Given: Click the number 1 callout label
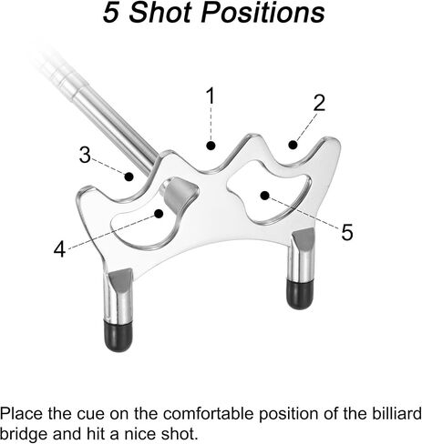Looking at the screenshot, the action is pos(211,96).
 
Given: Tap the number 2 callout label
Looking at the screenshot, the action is pos(319,103).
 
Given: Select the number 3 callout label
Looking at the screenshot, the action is pos(85,155).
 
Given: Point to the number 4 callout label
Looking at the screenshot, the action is pos(59,249).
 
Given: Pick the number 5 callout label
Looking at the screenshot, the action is pos(347,232).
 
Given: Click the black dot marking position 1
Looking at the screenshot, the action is pos(211,146).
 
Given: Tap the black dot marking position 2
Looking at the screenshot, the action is pos(293,145).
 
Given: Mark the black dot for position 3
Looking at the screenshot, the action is pos(129,177).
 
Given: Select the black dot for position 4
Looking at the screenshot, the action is pos(159,214).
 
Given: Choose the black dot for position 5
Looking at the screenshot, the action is pos(265,196).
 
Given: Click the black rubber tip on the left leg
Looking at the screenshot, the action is pos(118,336).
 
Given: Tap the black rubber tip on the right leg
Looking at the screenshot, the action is pos(300,294).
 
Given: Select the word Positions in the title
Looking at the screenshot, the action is pos(262,13).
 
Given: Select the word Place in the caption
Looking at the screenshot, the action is pos(21,413).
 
